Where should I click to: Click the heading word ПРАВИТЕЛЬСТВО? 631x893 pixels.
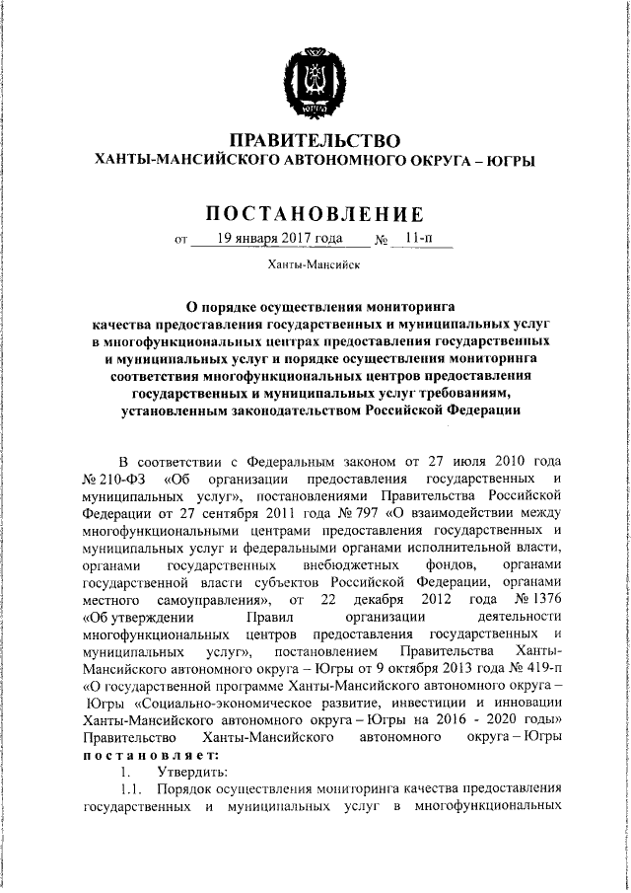coord(315,140)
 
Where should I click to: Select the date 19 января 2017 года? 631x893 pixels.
coord(267,239)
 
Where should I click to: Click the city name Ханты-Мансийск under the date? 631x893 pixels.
coord(315,264)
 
